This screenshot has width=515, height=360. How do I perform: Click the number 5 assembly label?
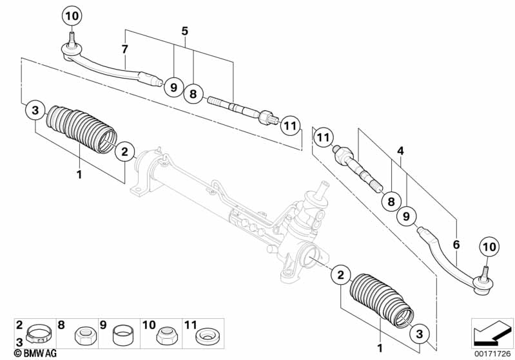[x=184, y=30]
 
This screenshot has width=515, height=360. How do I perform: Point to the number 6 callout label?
[x=456, y=244]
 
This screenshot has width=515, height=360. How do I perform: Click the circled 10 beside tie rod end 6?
[x=489, y=245]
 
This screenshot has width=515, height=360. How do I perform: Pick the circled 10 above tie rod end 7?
[x=72, y=14]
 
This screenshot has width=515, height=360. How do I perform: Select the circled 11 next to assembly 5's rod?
[x=290, y=125]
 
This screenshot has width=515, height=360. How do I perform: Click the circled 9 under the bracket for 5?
[x=173, y=86]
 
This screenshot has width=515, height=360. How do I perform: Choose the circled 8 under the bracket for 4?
[x=390, y=202]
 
